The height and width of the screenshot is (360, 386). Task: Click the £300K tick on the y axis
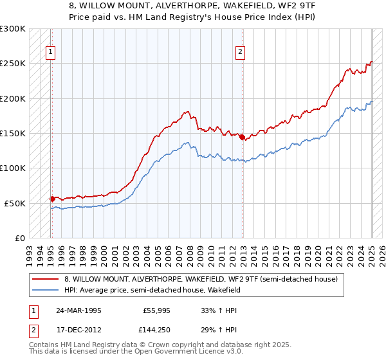tap(12, 29)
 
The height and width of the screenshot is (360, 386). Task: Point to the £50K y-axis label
tap(15, 203)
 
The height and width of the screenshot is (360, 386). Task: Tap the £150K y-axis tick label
tap(12, 134)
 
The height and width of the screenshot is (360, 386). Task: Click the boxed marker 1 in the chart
tap(50, 53)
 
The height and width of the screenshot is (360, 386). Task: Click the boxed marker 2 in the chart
tap(240, 53)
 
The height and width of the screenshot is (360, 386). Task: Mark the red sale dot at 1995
tap(52, 199)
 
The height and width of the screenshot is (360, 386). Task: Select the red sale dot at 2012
tap(241, 137)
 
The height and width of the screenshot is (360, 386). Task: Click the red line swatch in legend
tap(46, 278)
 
